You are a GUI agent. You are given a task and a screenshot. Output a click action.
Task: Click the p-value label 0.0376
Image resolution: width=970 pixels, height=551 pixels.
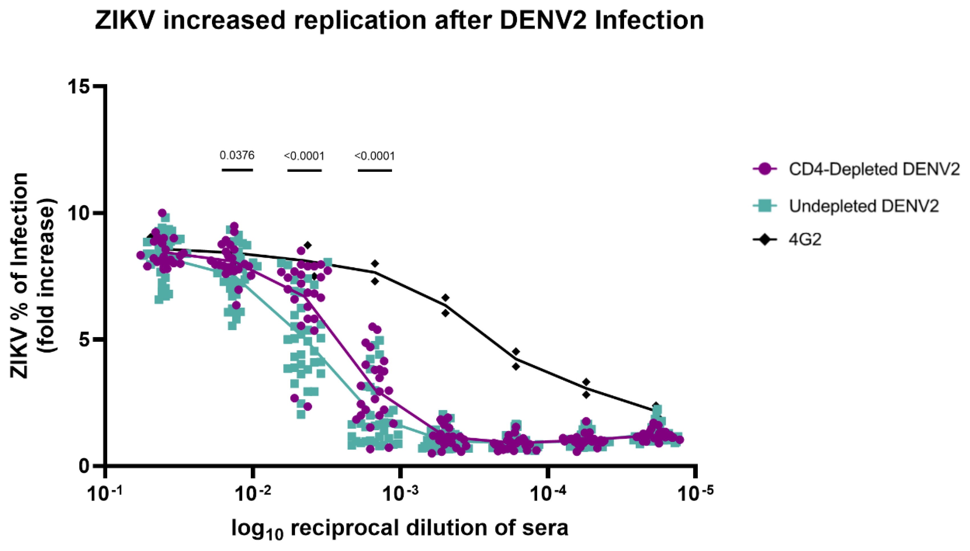237,155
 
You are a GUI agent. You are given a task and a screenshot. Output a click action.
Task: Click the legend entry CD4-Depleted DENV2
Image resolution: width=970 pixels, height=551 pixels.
874,169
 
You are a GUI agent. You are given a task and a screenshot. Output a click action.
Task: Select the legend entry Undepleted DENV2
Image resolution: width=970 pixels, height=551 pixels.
864,206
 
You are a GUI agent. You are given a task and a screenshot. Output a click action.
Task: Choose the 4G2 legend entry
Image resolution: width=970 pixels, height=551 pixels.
805,240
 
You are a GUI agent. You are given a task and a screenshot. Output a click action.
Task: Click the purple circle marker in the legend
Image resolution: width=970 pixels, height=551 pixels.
765,169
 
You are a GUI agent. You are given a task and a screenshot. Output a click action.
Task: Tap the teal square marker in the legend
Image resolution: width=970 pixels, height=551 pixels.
765,206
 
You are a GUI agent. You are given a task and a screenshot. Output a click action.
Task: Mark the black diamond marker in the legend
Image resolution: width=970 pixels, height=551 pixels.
765,240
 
